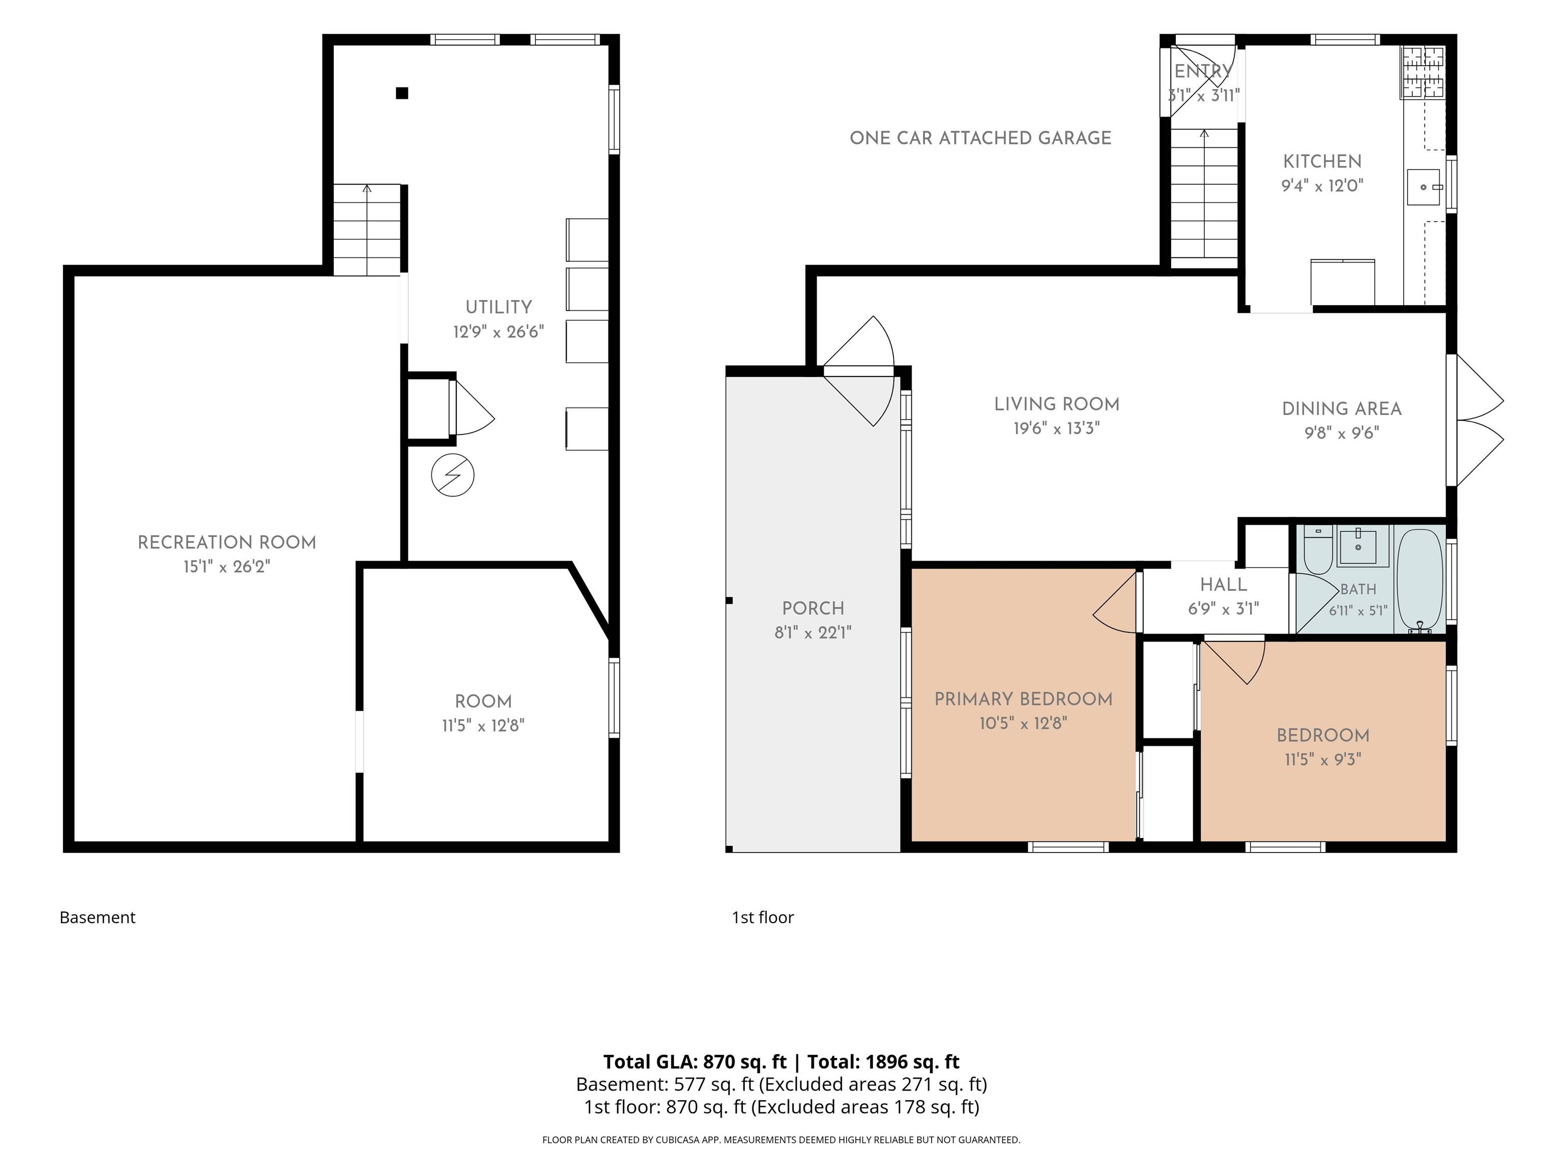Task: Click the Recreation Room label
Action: click(227, 543)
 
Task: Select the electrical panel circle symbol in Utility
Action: click(452, 475)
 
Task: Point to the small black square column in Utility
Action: click(402, 93)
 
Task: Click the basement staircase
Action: click(367, 229)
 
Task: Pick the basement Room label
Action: click(483, 701)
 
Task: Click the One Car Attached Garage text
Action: click(981, 138)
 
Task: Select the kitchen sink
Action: click(1424, 187)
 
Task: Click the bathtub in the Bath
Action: click(1420, 579)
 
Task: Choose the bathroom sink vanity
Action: click(1357, 546)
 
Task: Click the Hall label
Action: click(1223, 584)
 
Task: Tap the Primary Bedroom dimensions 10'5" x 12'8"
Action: click(1023, 723)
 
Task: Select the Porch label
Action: click(813, 608)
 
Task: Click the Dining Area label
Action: click(1342, 408)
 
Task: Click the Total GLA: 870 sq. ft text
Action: click(694, 1062)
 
